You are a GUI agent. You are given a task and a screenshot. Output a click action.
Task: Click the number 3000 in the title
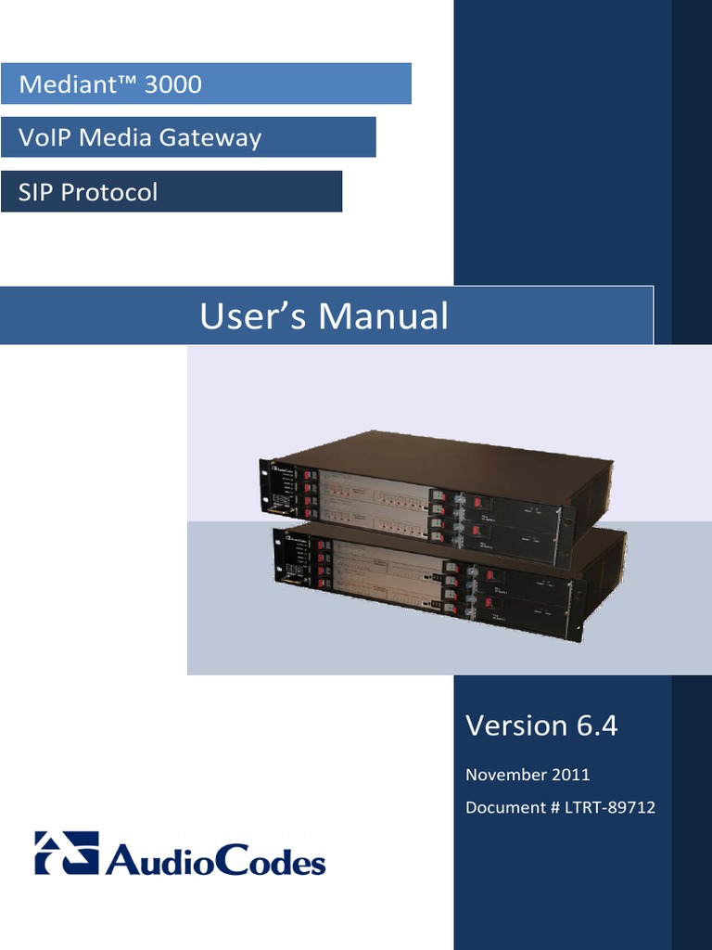coord(173,85)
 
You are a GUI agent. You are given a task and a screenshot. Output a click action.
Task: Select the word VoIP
coord(44,138)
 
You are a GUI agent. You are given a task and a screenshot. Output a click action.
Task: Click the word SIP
coord(33,192)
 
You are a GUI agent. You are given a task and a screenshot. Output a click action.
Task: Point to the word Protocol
coord(107,192)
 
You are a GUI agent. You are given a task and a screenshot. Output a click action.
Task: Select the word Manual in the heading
coord(384,317)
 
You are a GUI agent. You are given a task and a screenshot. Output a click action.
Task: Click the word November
coord(506,775)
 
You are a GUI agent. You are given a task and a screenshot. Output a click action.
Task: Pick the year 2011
coord(572,775)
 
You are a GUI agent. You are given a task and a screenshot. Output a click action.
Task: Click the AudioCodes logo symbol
coord(66,852)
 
